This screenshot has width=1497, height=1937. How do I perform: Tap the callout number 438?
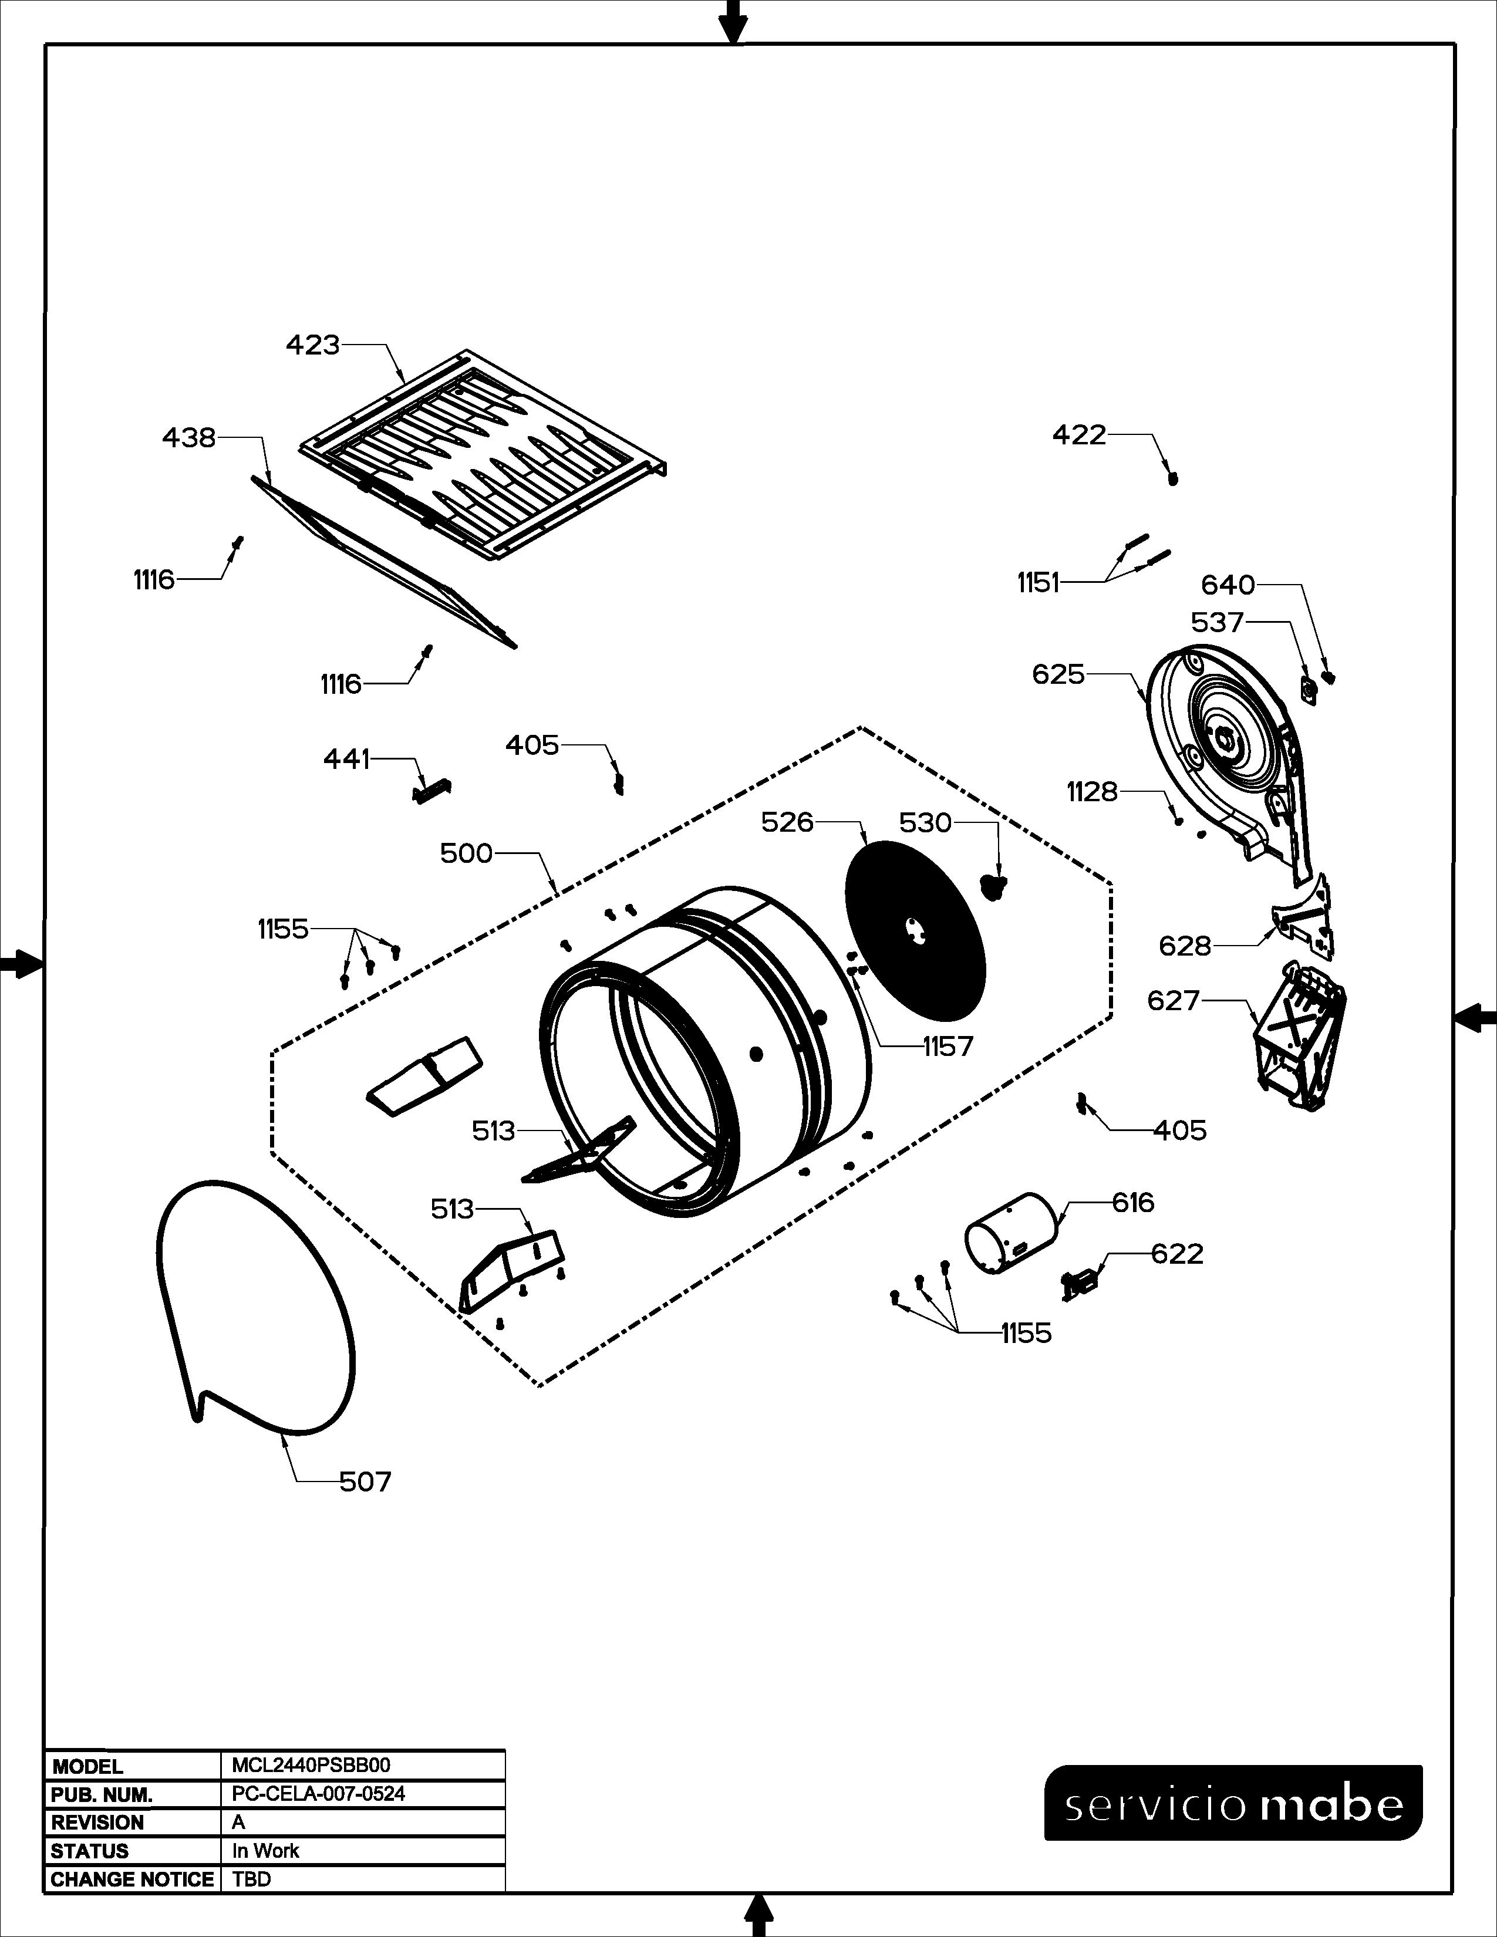(x=189, y=437)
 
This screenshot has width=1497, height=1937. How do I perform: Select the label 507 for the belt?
(x=365, y=1481)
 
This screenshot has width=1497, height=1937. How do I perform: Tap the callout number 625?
(x=1058, y=674)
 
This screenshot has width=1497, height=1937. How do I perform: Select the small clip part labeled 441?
(x=432, y=789)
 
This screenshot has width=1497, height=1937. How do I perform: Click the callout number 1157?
(x=948, y=1047)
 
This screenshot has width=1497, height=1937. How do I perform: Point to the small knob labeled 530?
(x=993, y=884)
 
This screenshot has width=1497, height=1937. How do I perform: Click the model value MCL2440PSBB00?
(x=311, y=1765)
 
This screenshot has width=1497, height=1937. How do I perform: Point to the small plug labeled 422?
(x=1174, y=479)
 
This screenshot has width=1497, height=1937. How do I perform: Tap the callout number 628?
(x=1184, y=946)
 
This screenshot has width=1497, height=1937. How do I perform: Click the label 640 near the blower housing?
(x=1228, y=585)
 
